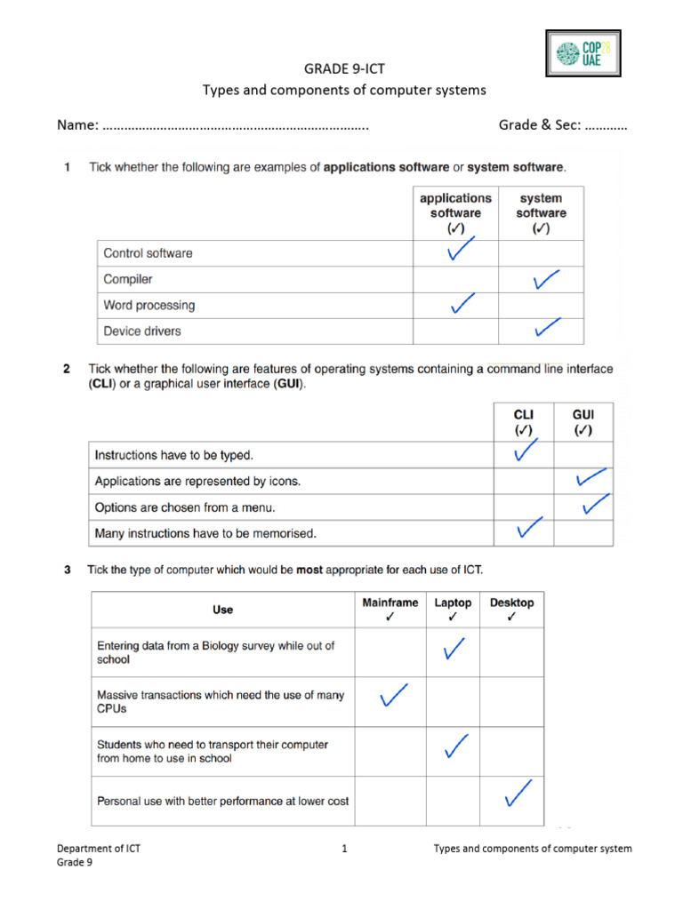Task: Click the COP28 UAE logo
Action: [582, 53]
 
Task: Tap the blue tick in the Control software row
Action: [459, 251]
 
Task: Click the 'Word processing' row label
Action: [149, 305]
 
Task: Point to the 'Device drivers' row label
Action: [141, 331]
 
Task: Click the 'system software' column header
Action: [541, 212]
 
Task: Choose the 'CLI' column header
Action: [524, 422]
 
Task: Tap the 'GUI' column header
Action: [583, 422]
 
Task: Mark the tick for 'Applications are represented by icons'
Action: [591, 478]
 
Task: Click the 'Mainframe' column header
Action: [390, 609]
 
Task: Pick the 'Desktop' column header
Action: [511, 609]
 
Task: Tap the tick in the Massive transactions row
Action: [394, 697]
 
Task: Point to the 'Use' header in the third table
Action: [223, 610]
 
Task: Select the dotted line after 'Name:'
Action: [236, 126]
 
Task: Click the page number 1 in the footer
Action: [343, 849]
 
